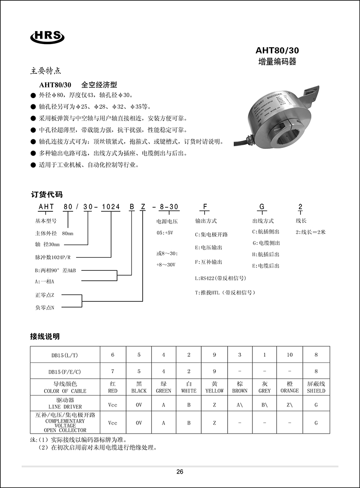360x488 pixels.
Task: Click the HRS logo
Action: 48,36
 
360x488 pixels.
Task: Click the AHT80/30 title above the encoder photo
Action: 277,50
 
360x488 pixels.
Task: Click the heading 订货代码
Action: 47,195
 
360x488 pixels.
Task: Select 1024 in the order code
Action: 111,207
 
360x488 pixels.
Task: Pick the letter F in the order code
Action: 205,207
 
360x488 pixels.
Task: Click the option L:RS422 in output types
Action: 220,278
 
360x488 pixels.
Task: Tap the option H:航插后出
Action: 266,255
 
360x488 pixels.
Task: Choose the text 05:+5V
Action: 165,233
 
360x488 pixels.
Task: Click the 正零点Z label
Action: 45,295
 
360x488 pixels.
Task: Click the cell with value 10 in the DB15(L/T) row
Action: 290,355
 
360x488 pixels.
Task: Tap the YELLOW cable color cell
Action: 214,388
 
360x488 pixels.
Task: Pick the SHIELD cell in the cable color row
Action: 316,388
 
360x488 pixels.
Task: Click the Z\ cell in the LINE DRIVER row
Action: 290,405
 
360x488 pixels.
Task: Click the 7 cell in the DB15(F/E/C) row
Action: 112,371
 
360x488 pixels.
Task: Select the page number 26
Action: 180,472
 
